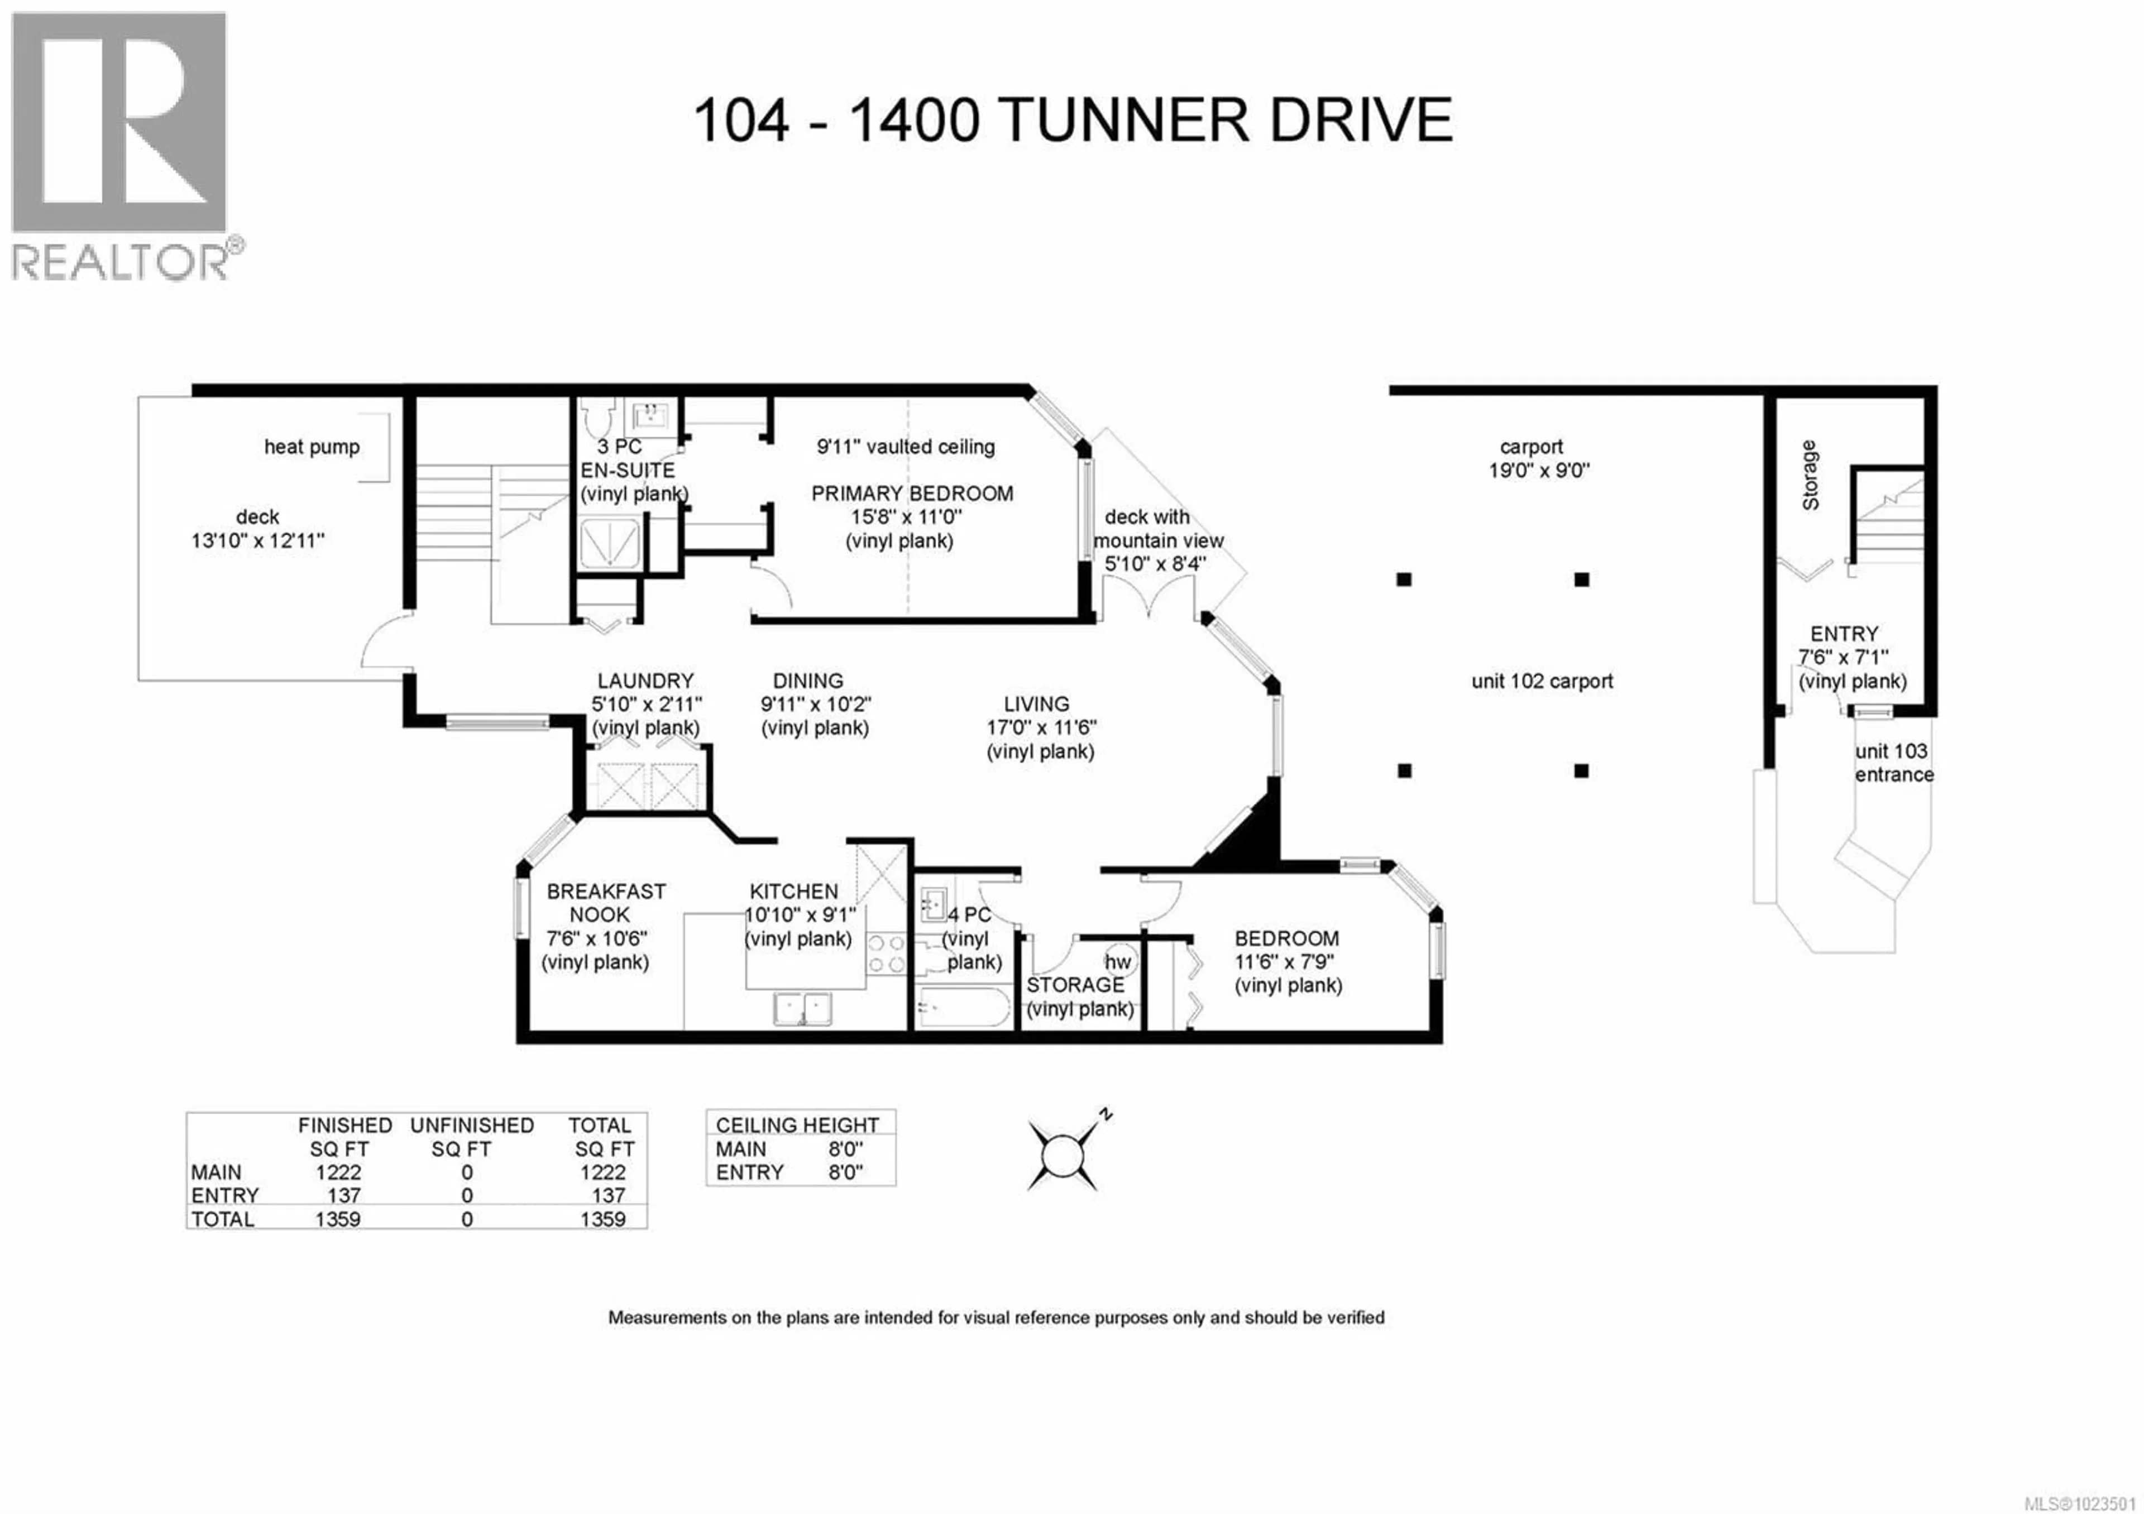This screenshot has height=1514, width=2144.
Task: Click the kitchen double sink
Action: coord(802,1009)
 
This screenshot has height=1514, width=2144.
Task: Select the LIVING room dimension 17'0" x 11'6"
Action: coord(1040,727)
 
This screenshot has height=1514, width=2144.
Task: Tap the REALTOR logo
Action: coord(119,145)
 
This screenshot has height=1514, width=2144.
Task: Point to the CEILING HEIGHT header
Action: coord(797,1125)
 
